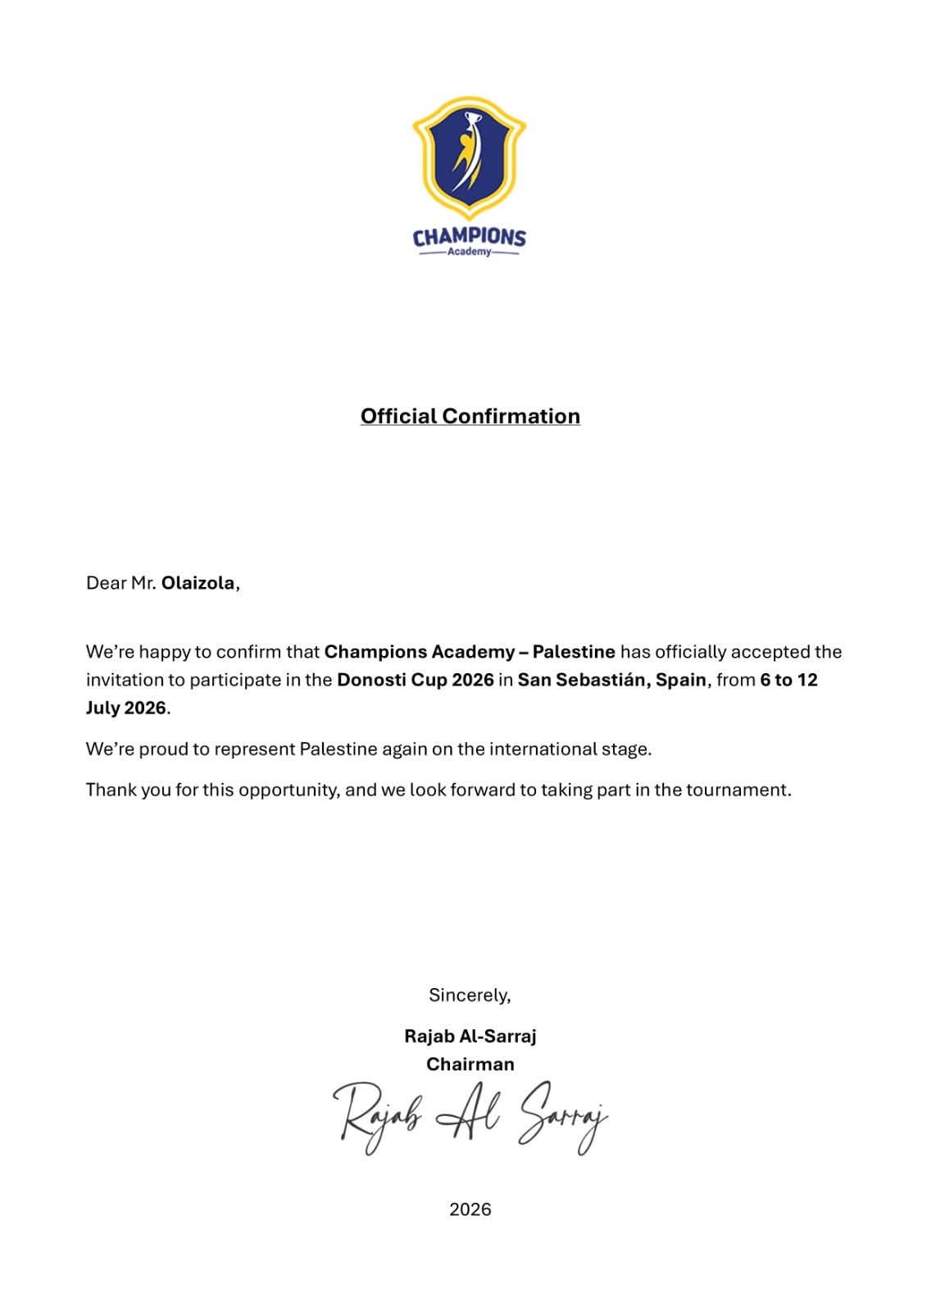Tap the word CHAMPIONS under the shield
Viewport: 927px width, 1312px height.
469,237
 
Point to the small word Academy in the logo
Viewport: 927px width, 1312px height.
469,252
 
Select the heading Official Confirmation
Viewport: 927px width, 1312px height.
470,417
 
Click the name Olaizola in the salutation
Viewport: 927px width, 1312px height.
198,583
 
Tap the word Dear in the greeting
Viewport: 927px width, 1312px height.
106,583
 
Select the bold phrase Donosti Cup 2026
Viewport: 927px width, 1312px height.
416,680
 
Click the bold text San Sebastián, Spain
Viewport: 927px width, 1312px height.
611,680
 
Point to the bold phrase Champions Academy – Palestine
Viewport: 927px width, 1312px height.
470,652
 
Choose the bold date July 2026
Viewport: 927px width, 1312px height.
126,708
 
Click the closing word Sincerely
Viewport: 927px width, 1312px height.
469,995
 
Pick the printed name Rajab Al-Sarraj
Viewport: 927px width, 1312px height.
470,1036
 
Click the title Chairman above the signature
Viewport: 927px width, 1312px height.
470,1064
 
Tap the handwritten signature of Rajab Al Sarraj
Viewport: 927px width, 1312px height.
470,1117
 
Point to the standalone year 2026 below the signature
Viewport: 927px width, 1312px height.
470,1209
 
